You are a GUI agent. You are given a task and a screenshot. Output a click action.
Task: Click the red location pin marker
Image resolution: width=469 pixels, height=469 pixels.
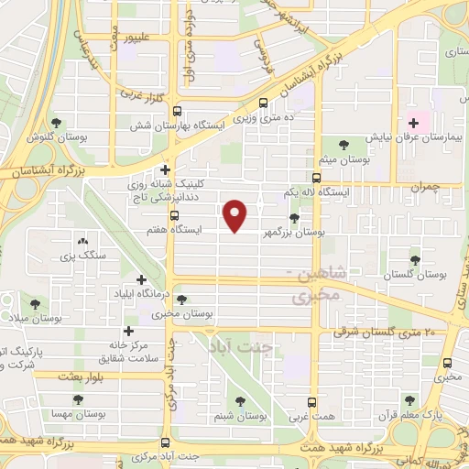click(x=236, y=216)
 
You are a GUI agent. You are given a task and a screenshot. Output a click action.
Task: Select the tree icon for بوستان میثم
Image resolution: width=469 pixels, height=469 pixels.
click(x=344, y=144)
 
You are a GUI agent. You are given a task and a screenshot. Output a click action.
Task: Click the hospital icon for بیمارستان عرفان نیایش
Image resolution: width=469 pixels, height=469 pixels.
click(x=412, y=122)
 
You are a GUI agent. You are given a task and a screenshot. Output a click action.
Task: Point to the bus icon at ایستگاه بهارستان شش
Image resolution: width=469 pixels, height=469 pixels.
click(x=264, y=104)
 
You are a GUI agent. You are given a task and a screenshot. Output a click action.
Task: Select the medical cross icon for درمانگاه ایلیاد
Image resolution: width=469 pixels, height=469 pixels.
click(x=140, y=279)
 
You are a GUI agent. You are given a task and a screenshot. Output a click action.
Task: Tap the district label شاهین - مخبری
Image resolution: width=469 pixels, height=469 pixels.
click(x=316, y=285)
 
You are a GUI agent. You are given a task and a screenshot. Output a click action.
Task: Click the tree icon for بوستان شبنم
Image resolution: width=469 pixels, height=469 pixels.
click(x=240, y=400)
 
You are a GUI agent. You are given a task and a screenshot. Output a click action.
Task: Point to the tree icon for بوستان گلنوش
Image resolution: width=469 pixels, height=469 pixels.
click(x=57, y=122)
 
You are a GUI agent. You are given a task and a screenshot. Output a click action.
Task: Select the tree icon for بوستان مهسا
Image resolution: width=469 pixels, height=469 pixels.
click(x=77, y=399)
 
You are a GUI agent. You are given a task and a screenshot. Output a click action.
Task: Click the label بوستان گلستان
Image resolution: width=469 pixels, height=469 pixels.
click(x=424, y=275)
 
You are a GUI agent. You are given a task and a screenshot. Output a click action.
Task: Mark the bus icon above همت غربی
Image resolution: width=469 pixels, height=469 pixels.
click(x=312, y=401)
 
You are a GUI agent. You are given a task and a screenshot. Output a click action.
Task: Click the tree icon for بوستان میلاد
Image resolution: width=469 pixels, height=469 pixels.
click(x=35, y=303)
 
